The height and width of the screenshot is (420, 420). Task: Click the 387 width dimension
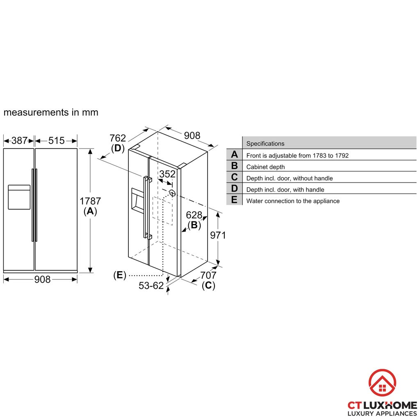click(x=19, y=141)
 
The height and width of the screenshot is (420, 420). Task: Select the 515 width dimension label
click(x=56, y=141)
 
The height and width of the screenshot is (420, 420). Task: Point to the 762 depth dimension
click(x=118, y=138)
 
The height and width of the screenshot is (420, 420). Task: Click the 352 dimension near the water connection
click(x=167, y=174)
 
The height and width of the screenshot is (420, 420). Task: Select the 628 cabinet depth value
click(x=194, y=215)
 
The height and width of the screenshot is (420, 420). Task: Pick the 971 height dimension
click(x=218, y=235)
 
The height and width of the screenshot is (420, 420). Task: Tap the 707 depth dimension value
click(x=208, y=275)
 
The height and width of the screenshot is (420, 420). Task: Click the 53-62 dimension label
click(x=151, y=286)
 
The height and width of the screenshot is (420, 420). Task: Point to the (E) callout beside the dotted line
click(x=120, y=275)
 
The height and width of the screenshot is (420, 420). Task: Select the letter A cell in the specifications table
click(x=234, y=155)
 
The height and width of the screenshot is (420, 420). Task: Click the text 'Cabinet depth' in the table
click(x=265, y=167)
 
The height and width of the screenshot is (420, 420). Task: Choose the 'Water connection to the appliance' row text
click(x=293, y=201)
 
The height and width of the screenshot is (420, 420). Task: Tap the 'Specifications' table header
click(x=265, y=144)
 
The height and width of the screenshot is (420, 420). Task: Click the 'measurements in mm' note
click(x=51, y=112)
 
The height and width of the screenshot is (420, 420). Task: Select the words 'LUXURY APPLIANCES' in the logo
click(x=382, y=413)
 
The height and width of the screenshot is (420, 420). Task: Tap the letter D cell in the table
click(x=234, y=189)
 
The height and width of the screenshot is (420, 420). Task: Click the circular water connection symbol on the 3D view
click(x=172, y=193)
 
